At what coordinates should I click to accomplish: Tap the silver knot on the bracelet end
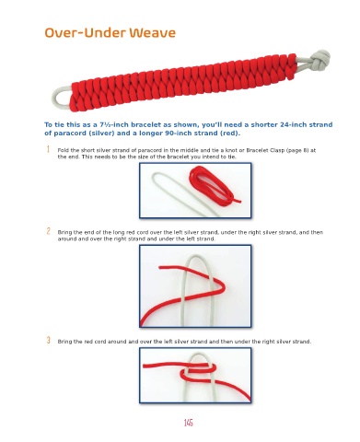(319, 59)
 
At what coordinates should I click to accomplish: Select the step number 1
(48, 149)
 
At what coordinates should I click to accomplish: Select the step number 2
(48, 231)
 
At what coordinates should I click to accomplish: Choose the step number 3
(48, 340)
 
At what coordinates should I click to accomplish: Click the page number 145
(188, 423)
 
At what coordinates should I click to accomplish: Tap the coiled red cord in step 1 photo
(214, 186)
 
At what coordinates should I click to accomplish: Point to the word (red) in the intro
(229, 134)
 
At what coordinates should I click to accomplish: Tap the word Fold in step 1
(63, 150)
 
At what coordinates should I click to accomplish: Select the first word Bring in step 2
(64, 232)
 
